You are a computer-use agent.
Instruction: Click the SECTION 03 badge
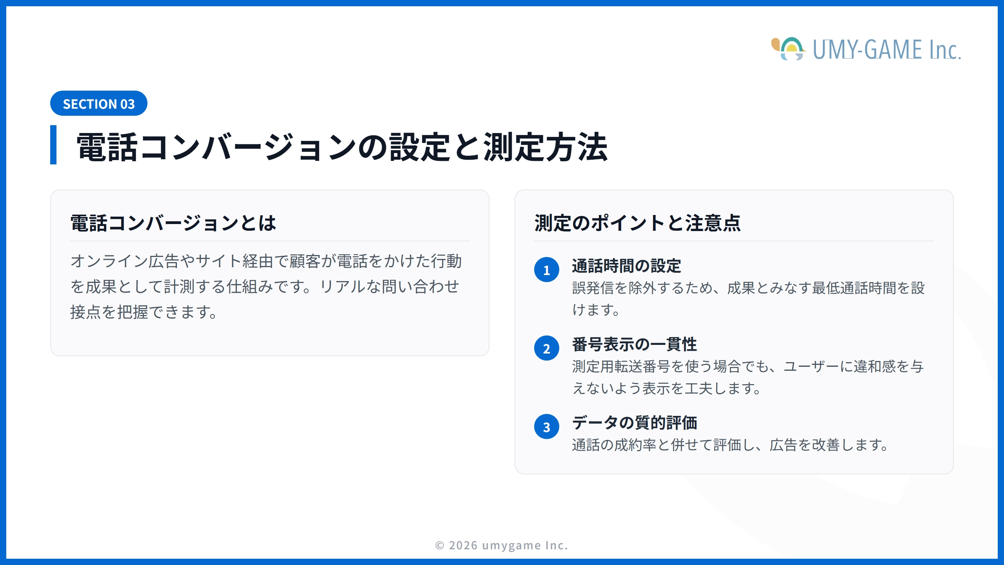pyautogui.click(x=99, y=104)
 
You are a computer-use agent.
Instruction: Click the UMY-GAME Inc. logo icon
pyautogui.click(x=788, y=49)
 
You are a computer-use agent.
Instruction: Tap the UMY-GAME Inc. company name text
pyautogui.click(x=887, y=50)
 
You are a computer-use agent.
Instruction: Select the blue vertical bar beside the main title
pyautogui.click(x=53, y=144)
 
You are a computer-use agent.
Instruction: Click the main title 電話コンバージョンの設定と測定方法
pyautogui.click(x=342, y=147)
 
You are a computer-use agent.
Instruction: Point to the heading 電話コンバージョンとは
pyautogui.click(x=173, y=223)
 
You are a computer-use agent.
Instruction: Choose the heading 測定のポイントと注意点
pyautogui.click(x=637, y=223)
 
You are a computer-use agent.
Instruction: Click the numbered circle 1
pyautogui.click(x=547, y=270)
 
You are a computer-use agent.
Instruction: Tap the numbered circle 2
pyautogui.click(x=547, y=348)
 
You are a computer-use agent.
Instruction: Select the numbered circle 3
pyautogui.click(x=547, y=427)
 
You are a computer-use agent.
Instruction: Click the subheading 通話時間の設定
pyautogui.click(x=626, y=266)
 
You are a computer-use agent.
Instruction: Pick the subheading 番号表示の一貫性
pyautogui.click(x=634, y=344)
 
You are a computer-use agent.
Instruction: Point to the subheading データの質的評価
pyautogui.click(x=634, y=423)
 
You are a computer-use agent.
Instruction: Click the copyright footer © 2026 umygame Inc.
pyautogui.click(x=502, y=545)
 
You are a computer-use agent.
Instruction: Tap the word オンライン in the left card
pyautogui.click(x=109, y=261)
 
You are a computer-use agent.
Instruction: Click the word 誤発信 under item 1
pyautogui.click(x=593, y=288)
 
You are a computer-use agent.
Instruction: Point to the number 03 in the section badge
pyautogui.click(x=127, y=104)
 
